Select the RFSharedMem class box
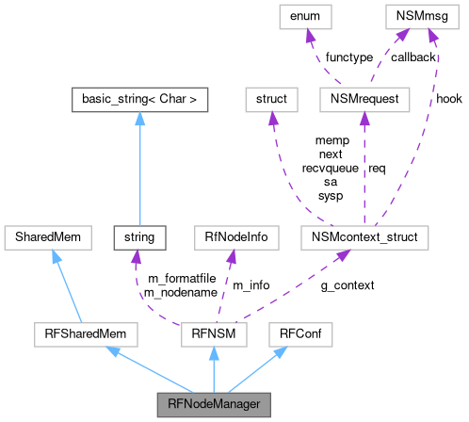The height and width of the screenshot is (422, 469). tap(85, 333)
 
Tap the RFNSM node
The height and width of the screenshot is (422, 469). tap(214, 333)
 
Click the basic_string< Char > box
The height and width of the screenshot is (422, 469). tap(139, 97)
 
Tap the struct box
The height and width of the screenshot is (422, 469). tap(271, 97)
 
